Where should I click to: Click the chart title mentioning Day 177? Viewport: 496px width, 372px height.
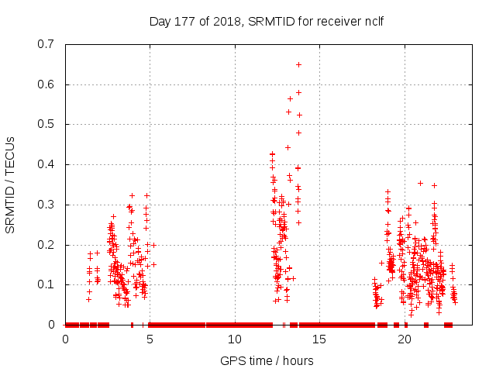click(x=266, y=21)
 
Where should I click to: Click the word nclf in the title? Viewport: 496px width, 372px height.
click(x=372, y=21)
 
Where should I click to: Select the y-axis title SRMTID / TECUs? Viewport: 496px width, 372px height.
click(x=11, y=184)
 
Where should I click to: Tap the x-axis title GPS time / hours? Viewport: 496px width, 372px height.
click(x=267, y=360)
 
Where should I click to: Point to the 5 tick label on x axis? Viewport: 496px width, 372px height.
click(x=150, y=339)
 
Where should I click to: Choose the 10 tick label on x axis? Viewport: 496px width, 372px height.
click(x=234, y=339)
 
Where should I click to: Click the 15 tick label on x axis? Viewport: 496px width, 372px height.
click(x=319, y=339)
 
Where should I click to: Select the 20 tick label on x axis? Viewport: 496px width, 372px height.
click(x=403, y=339)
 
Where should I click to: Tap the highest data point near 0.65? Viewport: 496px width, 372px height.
click(x=298, y=64)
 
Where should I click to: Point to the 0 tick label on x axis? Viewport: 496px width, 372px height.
click(x=65, y=339)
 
